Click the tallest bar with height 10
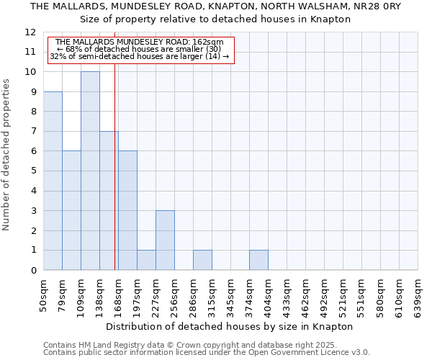90,171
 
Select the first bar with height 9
53,181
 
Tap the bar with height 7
109,200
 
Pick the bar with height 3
165,240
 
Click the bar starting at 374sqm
258,260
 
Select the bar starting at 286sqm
202,260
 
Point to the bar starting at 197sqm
146,260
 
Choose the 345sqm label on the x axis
230,295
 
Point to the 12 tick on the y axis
30,32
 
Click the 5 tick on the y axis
33,171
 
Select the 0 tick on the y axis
33,270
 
